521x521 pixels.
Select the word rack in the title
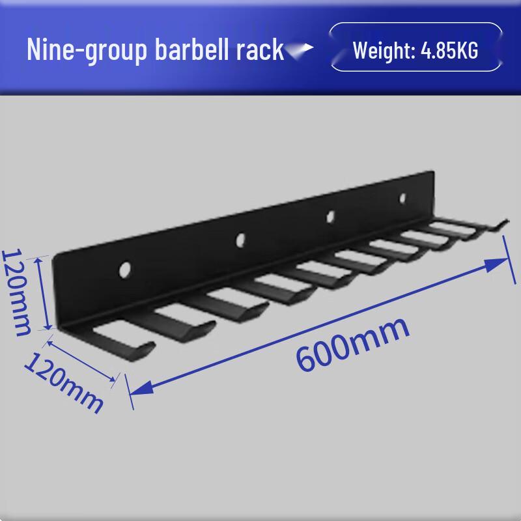(x=262, y=49)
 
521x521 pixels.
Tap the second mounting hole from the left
(x=241, y=240)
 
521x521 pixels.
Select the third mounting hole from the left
(x=330, y=216)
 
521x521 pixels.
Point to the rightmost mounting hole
(x=402, y=197)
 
